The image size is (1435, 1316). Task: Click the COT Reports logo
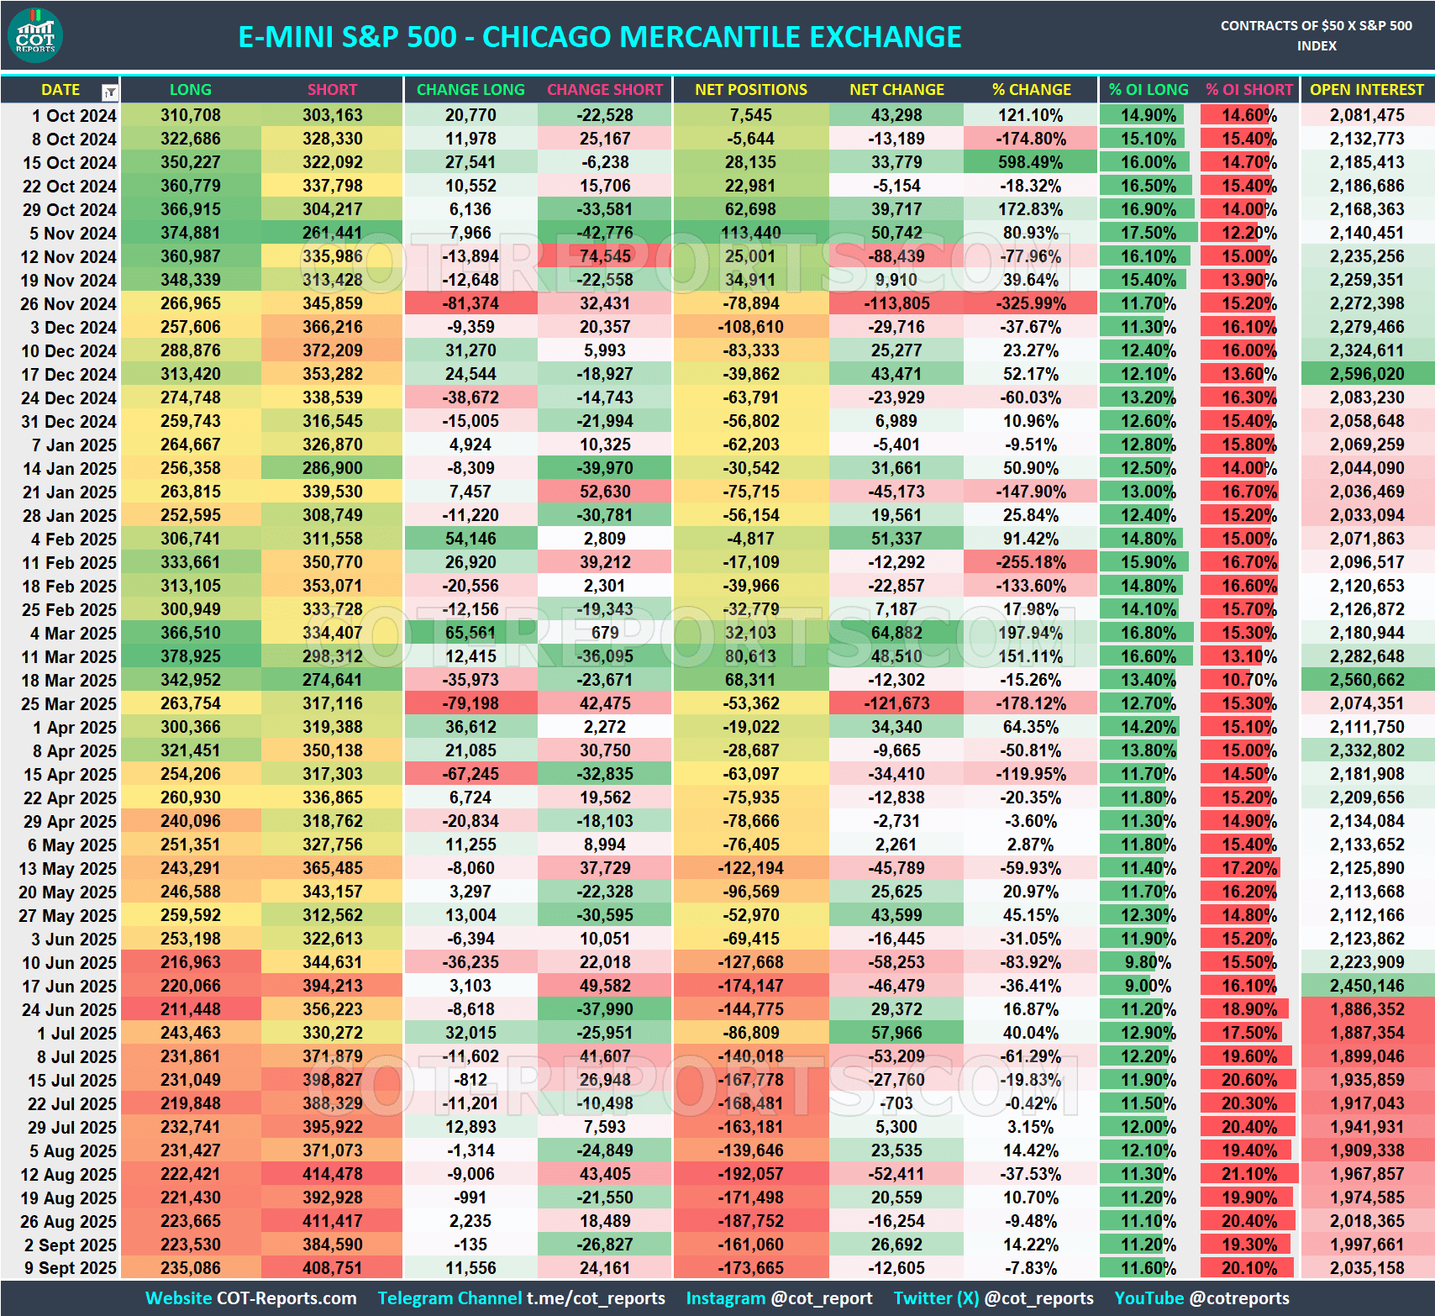point(35,36)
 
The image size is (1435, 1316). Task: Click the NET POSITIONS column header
point(750,90)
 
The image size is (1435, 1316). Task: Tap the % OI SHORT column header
point(1248,90)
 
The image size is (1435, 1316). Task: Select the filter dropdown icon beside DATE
point(110,92)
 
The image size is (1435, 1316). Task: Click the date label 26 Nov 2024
point(69,303)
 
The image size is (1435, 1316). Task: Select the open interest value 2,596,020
point(1366,374)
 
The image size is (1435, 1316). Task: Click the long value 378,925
point(190,656)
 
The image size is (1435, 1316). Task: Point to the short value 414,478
point(332,1174)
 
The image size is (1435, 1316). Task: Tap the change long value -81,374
point(471,303)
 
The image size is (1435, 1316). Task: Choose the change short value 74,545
point(604,256)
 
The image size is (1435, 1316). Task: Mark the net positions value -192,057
point(750,1174)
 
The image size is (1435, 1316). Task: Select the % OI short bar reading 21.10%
point(1248,1174)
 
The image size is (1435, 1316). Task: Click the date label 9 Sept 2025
point(71,1268)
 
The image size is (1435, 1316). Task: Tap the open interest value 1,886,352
point(1366,1009)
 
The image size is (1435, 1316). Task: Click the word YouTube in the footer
point(1148,1298)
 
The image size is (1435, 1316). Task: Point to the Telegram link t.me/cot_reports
point(596,1298)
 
